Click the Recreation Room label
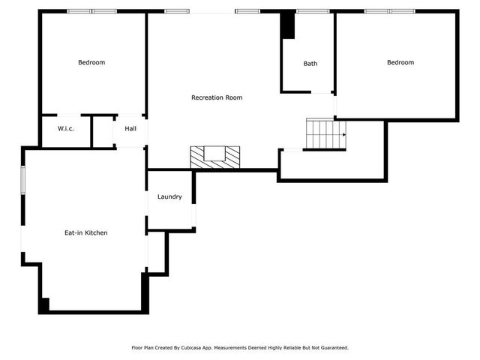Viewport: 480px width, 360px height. tap(217, 97)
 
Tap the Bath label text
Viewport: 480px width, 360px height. tap(310, 64)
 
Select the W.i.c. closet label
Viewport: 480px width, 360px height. tap(66, 129)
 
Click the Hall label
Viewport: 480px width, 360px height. tap(130, 129)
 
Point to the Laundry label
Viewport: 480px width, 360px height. tap(169, 197)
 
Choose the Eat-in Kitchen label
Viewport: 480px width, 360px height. tap(85, 233)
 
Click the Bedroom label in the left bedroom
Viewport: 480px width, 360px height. tap(91, 62)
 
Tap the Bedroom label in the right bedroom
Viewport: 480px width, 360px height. tap(400, 62)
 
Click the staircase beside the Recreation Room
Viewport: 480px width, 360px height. tap(324, 134)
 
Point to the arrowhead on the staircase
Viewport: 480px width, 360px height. tap(343, 134)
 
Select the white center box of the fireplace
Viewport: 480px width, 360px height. tap(215, 154)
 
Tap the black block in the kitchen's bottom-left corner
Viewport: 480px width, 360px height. tap(44, 305)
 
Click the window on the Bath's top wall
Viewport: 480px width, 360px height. tap(307, 11)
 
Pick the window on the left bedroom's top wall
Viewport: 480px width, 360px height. tap(92, 11)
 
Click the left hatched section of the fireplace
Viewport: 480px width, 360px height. tap(197, 156)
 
